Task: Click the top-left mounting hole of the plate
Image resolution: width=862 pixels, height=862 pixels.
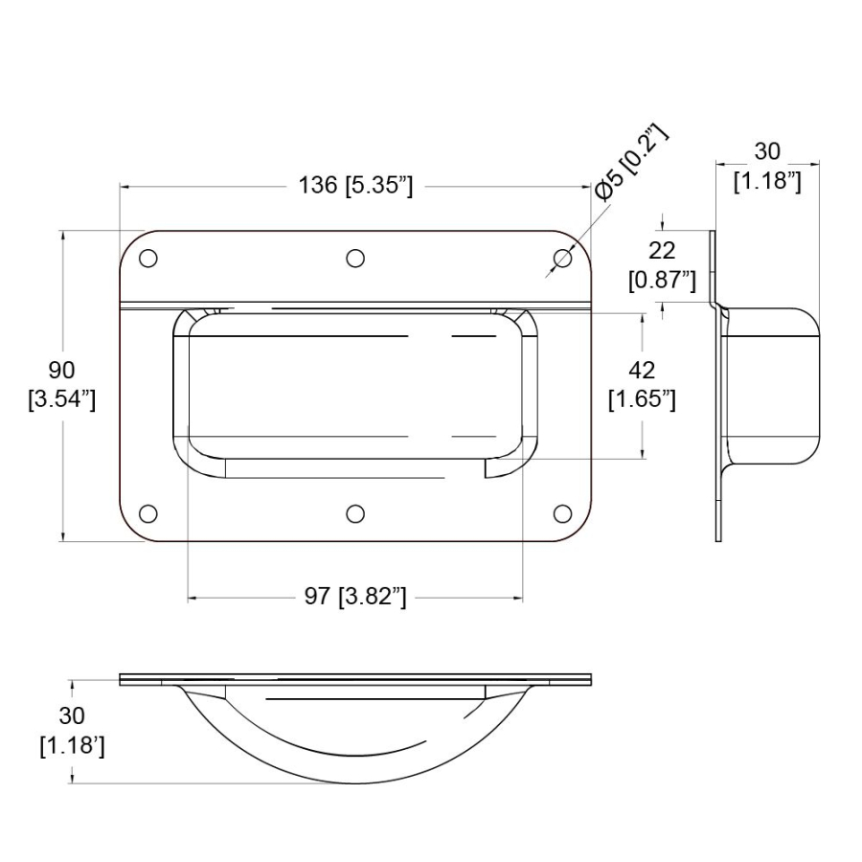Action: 148,259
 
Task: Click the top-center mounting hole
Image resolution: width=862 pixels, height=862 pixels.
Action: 355,259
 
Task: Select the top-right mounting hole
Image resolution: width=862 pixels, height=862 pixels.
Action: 563,259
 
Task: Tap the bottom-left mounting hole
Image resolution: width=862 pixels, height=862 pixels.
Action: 148,513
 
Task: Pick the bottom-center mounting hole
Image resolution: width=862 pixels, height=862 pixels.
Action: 355,513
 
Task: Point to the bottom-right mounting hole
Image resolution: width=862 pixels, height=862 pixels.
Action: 563,513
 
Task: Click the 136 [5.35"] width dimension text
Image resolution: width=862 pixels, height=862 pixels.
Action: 355,186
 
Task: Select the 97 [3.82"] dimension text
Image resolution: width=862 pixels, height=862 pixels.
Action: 355,598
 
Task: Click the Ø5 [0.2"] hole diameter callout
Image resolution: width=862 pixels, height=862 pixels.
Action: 628,162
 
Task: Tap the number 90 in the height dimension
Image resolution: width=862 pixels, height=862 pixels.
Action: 63,370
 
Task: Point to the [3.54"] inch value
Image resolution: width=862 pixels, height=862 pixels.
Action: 63,398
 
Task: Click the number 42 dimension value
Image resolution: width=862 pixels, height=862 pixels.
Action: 643,370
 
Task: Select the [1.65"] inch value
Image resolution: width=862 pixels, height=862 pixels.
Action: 643,398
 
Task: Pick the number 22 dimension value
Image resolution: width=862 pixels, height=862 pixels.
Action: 662,251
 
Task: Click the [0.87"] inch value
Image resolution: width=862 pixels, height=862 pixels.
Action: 662,280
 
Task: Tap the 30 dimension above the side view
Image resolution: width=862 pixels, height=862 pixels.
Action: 767,151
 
